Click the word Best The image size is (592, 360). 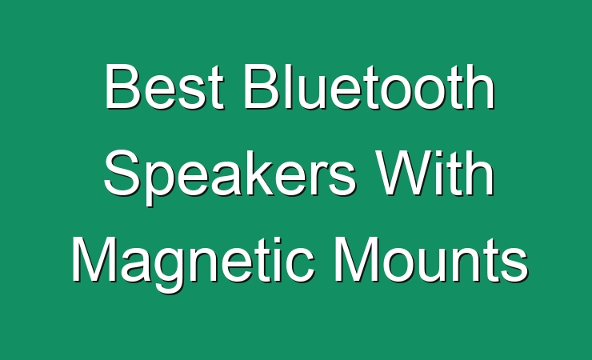click(x=164, y=86)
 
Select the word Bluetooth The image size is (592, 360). click(x=370, y=86)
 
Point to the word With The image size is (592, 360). click(x=434, y=173)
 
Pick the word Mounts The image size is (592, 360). click(x=430, y=260)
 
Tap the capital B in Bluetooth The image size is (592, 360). click(x=261, y=86)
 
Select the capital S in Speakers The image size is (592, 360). click(x=120, y=173)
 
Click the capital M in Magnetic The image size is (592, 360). click(x=94, y=260)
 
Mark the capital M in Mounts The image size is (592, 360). click(x=356, y=260)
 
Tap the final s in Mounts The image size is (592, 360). click(x=514, y=266)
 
